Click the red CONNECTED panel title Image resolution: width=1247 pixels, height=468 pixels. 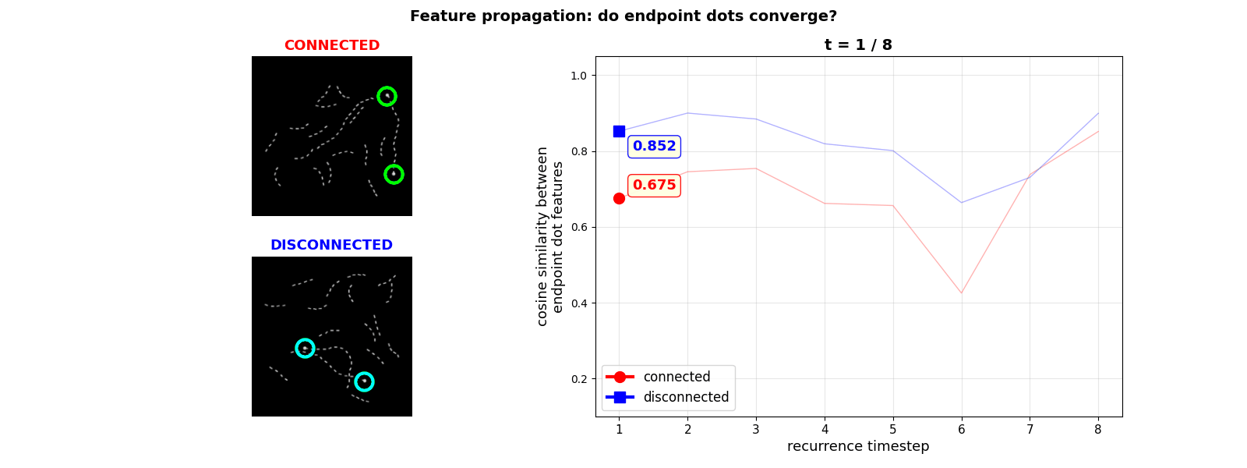point(331,45)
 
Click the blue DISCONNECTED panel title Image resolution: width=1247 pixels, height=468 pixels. point(331,245)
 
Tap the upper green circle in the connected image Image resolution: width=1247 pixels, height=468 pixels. point(387,96)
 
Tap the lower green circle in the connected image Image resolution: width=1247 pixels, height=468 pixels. point(394,174)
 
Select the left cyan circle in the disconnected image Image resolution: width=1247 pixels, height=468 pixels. point(305,348)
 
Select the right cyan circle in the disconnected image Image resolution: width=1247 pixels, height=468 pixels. point(364,381)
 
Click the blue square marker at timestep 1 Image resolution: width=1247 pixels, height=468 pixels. point(619,131)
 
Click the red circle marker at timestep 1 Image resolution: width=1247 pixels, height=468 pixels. point(619,198)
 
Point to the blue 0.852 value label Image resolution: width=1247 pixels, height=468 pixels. point(654,146)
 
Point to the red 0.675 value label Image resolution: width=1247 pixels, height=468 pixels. point(654,185)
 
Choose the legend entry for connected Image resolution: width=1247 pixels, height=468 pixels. point(676,377)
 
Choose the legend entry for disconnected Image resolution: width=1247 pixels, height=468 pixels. point(685,397)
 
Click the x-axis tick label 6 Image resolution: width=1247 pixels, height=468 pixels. point(961,429)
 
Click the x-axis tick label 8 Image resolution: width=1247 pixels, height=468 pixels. point(1098,429)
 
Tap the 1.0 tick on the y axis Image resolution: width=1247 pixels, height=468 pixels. point(578,76)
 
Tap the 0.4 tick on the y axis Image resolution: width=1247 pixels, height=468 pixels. point(578,303)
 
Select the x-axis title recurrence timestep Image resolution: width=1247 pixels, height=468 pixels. point(858,446)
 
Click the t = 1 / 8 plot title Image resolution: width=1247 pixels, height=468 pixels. point(858,45)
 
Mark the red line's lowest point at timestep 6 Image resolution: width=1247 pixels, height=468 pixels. point(961,293)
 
